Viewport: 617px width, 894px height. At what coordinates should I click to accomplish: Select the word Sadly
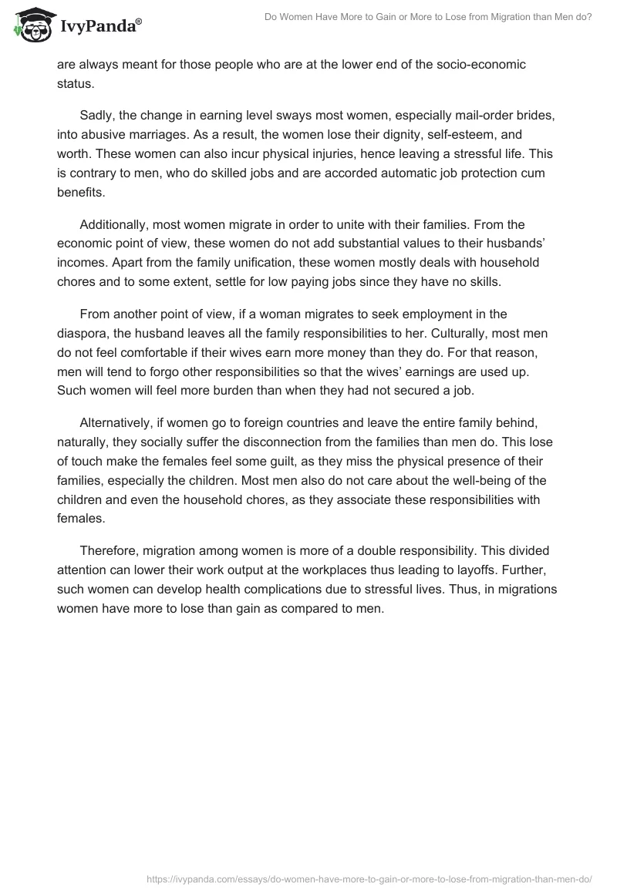coord(97,115)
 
